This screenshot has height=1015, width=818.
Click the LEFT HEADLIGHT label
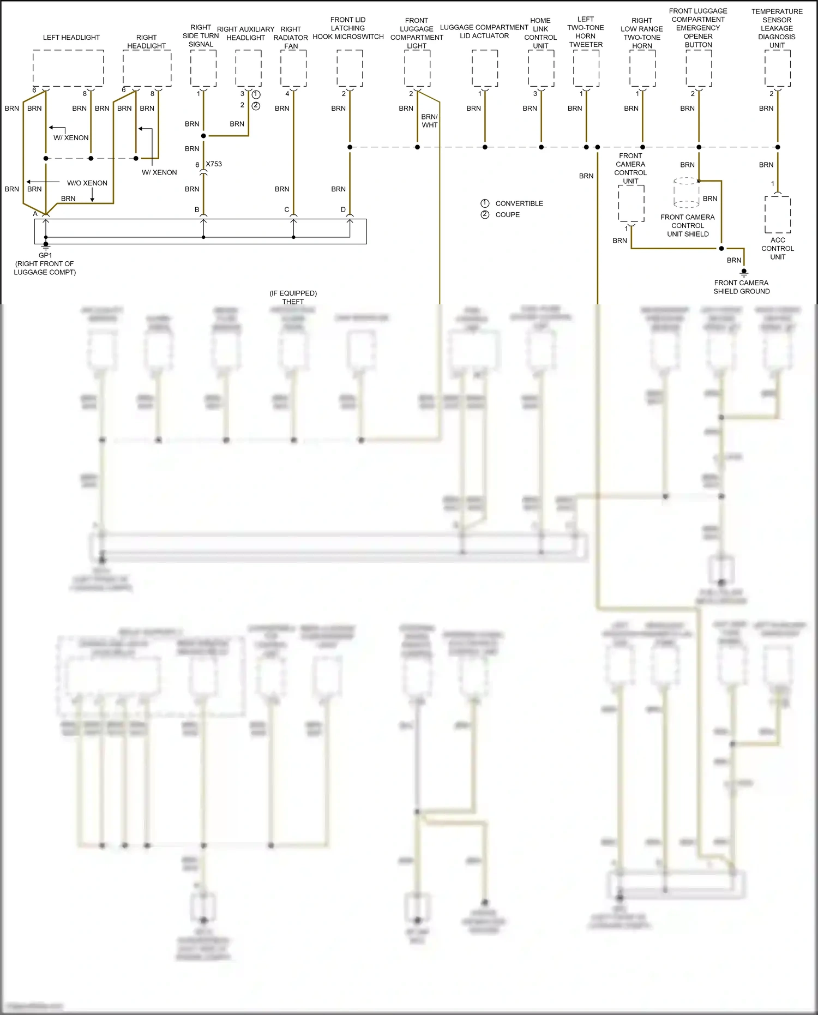point(71,38)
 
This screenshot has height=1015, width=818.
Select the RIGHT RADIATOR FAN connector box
point(293,68)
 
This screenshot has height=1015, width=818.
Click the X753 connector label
point(214,164)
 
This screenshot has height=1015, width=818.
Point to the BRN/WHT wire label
point(429,121)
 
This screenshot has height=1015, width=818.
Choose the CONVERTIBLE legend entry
point(519,203)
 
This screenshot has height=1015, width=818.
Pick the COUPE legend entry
point(507,215)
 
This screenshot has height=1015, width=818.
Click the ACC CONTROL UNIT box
point(778,214)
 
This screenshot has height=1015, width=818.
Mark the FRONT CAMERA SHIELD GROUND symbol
point(744,272)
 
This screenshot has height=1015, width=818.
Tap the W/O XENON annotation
point(87,183)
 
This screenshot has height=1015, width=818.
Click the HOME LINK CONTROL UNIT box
point(541,68)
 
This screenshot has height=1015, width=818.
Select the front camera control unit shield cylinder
point(687,193)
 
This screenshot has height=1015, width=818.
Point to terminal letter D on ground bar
point(343,210)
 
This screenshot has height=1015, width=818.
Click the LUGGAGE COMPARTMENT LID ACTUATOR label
point(484,32)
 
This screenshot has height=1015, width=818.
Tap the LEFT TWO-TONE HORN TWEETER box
point(586,68)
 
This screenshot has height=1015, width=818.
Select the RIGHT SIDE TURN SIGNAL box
point(203,68)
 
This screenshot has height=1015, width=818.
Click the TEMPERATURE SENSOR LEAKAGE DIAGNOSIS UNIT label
point(777,28)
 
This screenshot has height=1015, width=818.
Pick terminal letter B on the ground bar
point(197,210)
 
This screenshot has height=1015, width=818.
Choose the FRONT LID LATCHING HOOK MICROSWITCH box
point(350,68)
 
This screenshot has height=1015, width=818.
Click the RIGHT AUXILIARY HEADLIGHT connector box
point(249,68)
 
